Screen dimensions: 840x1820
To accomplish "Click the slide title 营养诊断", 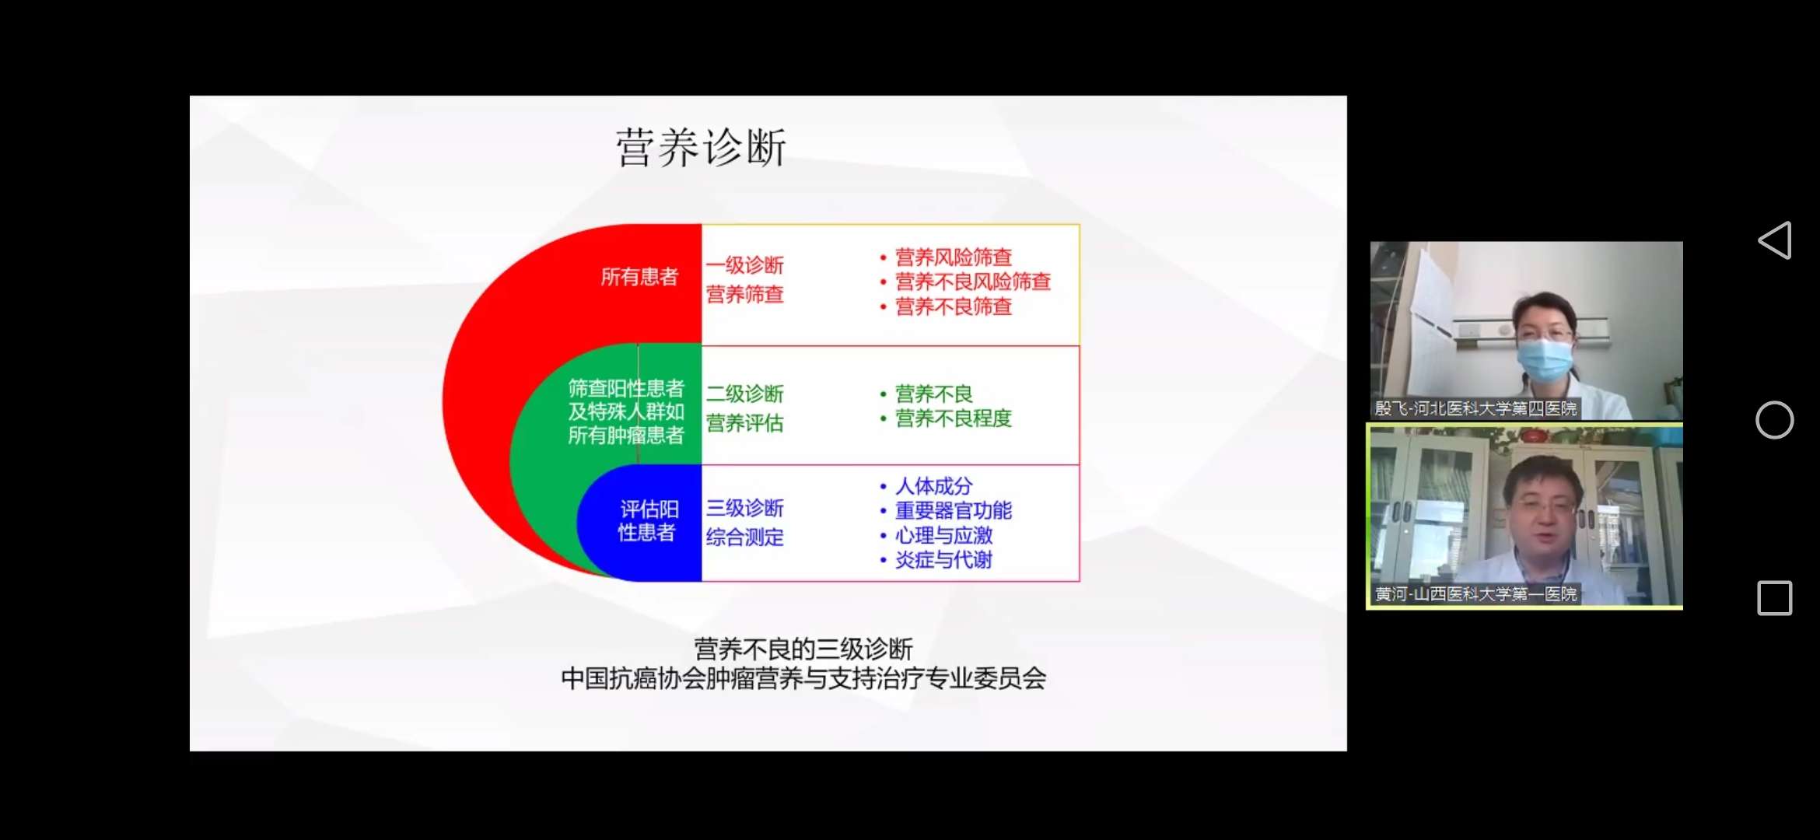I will coord(701,148).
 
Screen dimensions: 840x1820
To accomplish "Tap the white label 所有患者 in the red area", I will coord(639,277).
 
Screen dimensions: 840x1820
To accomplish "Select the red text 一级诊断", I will coord(744,265).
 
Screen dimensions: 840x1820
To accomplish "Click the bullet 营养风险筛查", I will coord(953,257).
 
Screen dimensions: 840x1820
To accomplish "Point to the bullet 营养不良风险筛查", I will coord(972,282).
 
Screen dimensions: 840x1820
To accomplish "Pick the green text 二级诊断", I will coord(744,394).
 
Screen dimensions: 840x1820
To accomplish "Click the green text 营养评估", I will coord(744,423).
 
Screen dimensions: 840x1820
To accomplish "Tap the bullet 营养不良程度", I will coord(953,418).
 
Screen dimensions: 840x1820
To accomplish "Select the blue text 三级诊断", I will coord(744,508).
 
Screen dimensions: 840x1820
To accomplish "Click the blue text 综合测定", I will coord(744,537).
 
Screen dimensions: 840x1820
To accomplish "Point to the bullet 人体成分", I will coord(933,486).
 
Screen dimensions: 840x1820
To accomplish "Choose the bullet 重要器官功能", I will coord(953,511).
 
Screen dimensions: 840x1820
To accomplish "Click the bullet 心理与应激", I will coord(943,535).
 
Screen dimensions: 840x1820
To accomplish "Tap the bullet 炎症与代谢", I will coord(943,560).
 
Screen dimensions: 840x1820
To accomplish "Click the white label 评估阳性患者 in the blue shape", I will coord(648,520).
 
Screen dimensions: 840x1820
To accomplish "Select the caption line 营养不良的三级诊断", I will coord(803,649).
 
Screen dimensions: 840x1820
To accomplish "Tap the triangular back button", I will coord(1776,240).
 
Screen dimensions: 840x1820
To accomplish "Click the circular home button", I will coord(1775,420).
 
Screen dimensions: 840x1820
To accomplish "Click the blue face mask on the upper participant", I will coord(1545,359).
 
